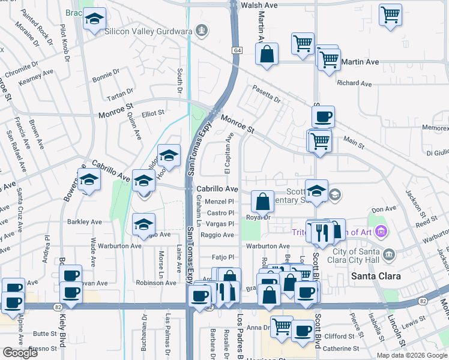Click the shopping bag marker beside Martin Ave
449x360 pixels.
[x=267, y=53]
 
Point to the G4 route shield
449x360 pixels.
[x=237, y=52]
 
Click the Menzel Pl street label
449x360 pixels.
[x=219, y=202]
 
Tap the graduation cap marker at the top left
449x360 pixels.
[x=94, y=19]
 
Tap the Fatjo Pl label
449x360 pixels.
[x=222, y=257]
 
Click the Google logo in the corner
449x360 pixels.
[x=20, y=353]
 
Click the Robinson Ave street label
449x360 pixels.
[x=155, y=283]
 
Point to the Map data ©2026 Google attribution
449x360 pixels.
[x=411, y=355]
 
